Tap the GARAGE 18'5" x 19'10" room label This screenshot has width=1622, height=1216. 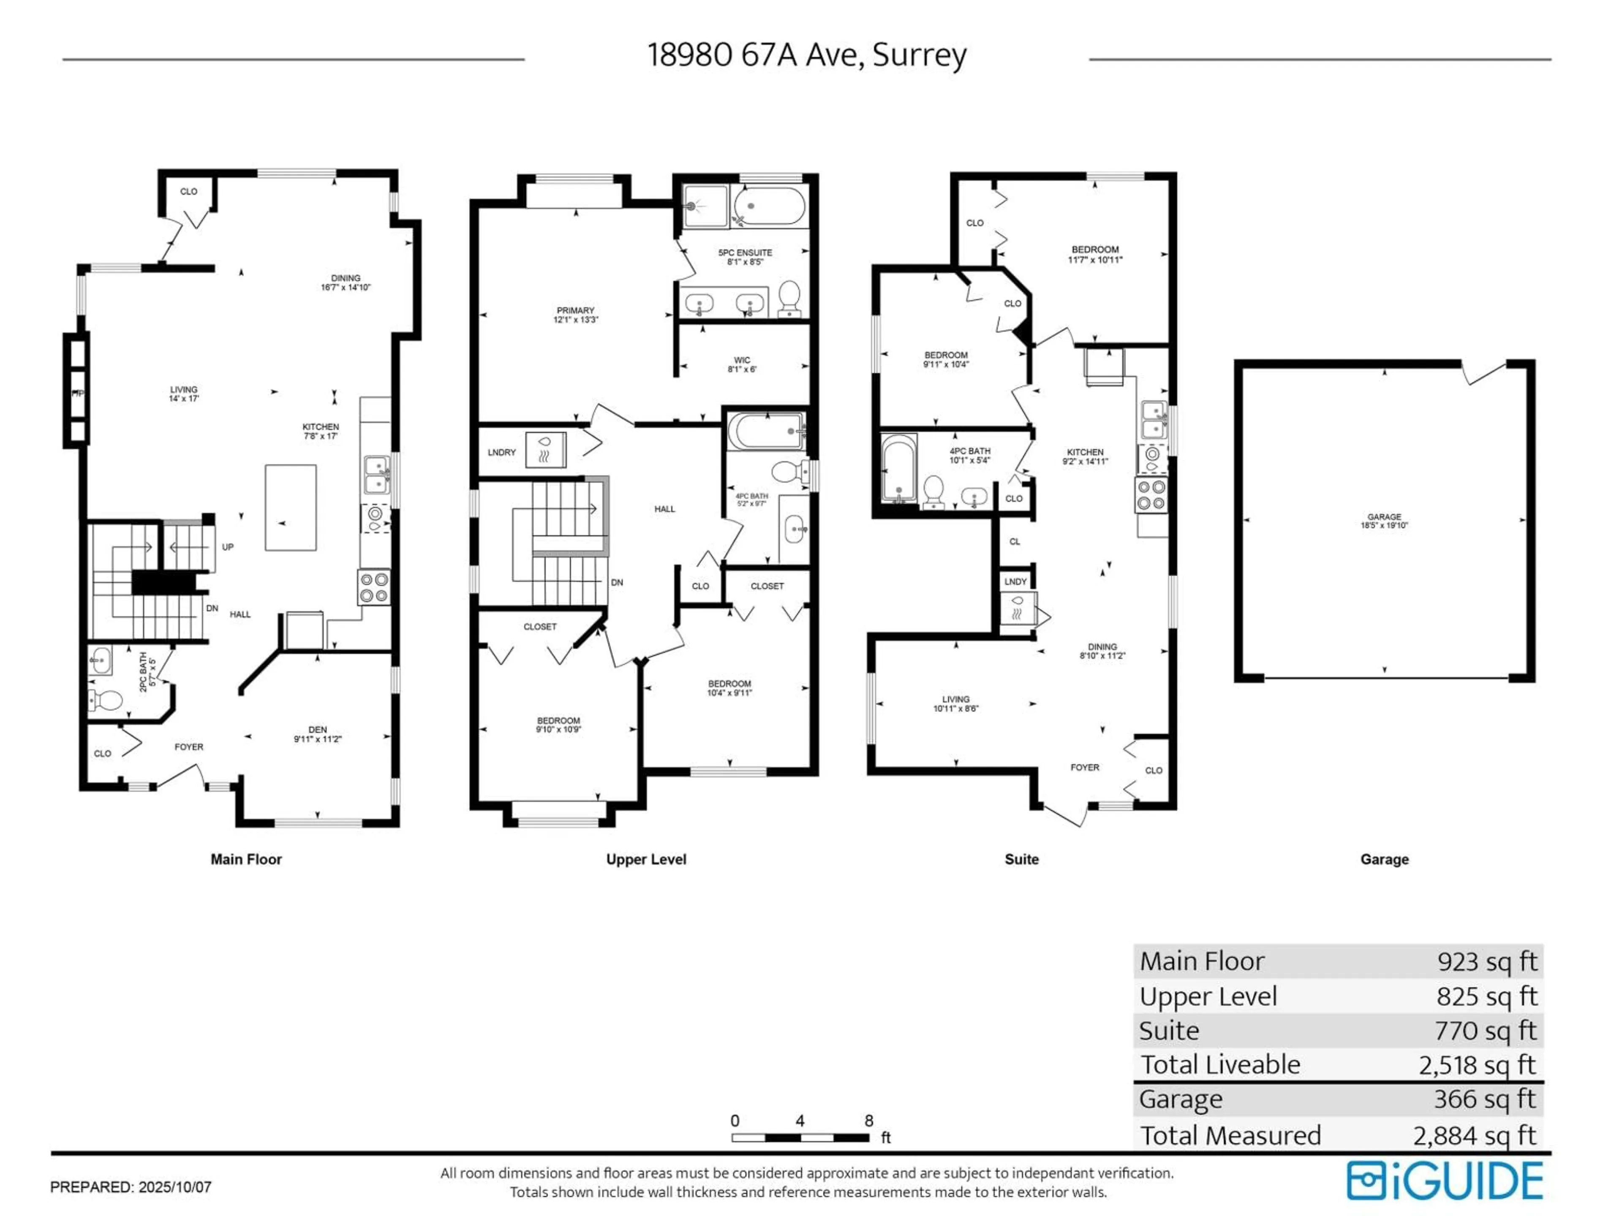click(x=1384, y=521)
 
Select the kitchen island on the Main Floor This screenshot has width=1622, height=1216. click(x=290, y=507)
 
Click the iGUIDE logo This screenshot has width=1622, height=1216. click(x=1445, y=1181)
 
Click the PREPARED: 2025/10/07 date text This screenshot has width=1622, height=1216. click(x=131, y=1187)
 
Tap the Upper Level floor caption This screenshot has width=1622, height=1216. click(x=646, y=859)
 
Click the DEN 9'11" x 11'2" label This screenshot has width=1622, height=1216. click(x=318, y=734)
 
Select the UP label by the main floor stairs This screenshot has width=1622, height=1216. click(x=228, y=547)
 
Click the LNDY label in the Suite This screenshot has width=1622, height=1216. click(x=1015, y=581)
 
